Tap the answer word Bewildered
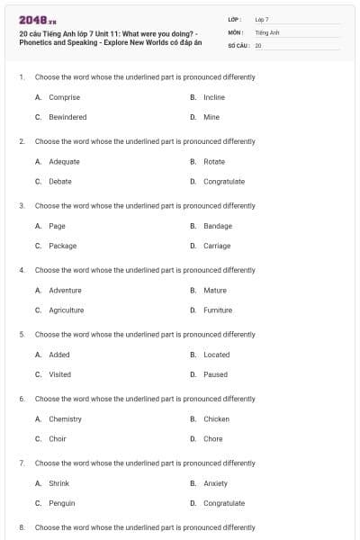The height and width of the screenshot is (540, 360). click(x=67, y=117)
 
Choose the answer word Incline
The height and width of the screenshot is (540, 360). click(x=214, y=97)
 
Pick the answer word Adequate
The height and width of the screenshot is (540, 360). click(x=64, y=162)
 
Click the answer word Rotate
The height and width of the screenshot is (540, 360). click(x=214, y=162)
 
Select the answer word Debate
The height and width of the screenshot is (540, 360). click(x=60, y=181)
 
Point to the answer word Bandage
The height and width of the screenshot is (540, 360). click(x=218, y=226)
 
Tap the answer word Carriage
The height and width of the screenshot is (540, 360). click(x=217, y=246)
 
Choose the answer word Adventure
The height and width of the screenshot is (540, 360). click(x=65, y=290)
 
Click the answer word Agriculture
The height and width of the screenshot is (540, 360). click(x=66, y=310)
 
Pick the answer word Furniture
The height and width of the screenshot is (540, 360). click(x=218, y=310)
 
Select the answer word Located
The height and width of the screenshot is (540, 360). click(x=216, y=355)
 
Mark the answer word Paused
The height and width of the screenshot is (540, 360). click(x=215, y=374)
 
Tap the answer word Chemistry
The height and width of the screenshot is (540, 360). click(x=65, y=418)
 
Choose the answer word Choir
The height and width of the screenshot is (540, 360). click(x=58, y=438)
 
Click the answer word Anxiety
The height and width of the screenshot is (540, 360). click(x=215, y=483)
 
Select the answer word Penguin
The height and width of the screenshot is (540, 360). click(x=62, y=503)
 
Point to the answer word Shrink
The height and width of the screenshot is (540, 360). click(x=58, y=483)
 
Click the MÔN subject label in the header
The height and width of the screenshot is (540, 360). click(x=236, y=31)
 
